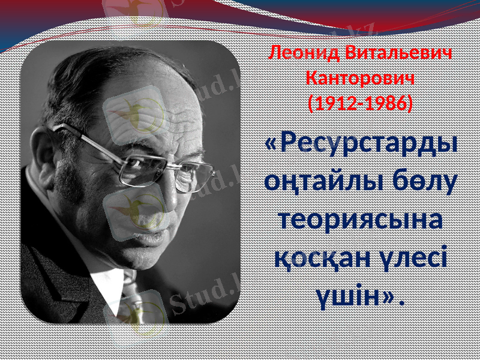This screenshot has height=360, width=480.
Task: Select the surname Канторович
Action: (359, 78)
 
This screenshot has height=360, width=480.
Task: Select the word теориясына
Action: (360, 219)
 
